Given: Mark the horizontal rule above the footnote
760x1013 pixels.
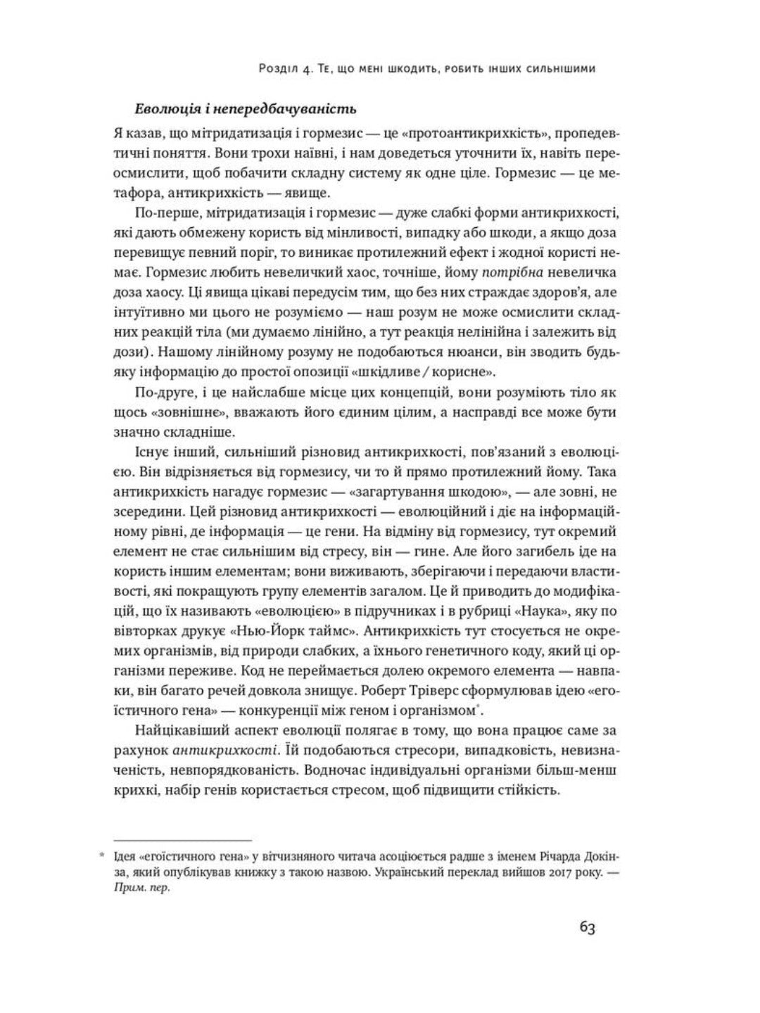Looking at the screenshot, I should (x=183, y=840).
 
